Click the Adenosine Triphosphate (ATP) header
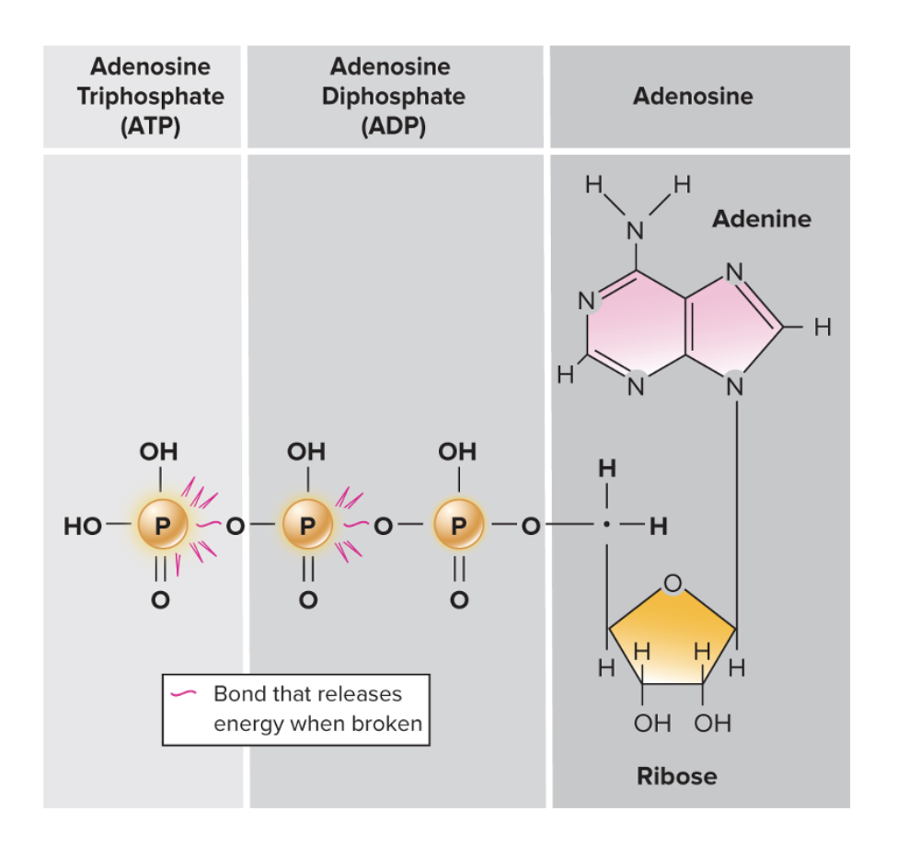point(151,96)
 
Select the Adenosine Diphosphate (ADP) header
point(393,96)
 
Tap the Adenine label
point(762,219)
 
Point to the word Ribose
point(676,776)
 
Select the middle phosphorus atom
point(309,527)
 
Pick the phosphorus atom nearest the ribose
point(460,527)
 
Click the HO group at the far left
point(81,528)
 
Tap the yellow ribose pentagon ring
point(672,635)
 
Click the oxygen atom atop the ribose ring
point(673,584)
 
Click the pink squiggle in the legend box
point(187,692)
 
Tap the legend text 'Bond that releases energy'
point(307,692)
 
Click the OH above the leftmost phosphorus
point(158,452)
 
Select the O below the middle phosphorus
point(310,600)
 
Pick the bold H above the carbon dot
point(606,469)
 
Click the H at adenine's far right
point(822,327)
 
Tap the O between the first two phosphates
point(236,528)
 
